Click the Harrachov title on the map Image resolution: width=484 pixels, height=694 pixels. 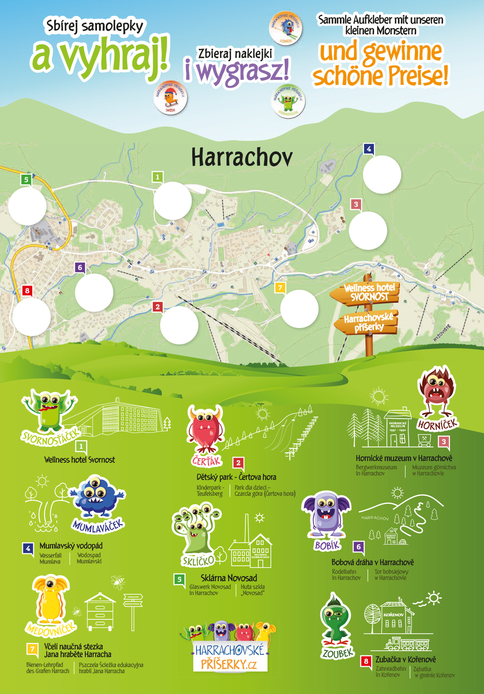[242, 157]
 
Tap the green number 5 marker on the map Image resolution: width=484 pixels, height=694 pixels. [26, 179]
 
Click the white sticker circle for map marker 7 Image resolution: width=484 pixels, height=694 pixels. [299, 309]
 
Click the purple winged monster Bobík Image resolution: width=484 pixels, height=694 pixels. [326, 514]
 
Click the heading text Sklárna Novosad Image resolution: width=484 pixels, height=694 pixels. [229, 578]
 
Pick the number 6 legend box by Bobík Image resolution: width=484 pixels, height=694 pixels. [359, 547]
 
